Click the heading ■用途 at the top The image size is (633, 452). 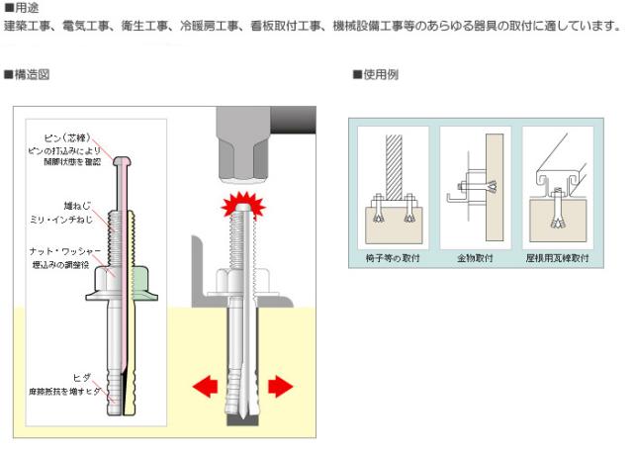(x=21, y=8)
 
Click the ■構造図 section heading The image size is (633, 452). (x=27, y=74)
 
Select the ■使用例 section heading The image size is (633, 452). (x=375, y=74)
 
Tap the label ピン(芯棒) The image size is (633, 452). (x=68, y=136)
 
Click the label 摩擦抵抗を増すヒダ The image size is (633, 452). (x=63, y=391)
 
